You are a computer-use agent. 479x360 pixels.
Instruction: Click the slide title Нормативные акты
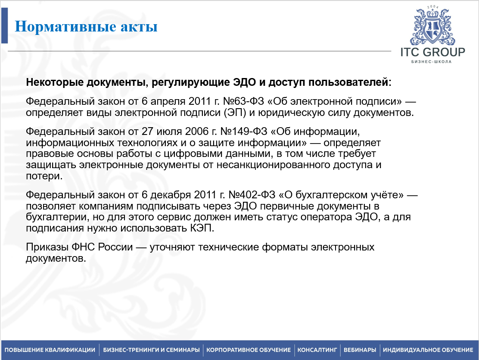(86, 27)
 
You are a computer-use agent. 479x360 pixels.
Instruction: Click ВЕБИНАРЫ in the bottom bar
(360, 350)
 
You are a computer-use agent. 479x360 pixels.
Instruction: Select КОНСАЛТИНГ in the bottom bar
(317, 350)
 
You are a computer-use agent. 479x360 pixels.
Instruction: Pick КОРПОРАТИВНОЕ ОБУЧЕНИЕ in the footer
(249, 350)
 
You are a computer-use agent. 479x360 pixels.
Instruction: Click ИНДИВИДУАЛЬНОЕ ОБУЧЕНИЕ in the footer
(428, 350)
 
